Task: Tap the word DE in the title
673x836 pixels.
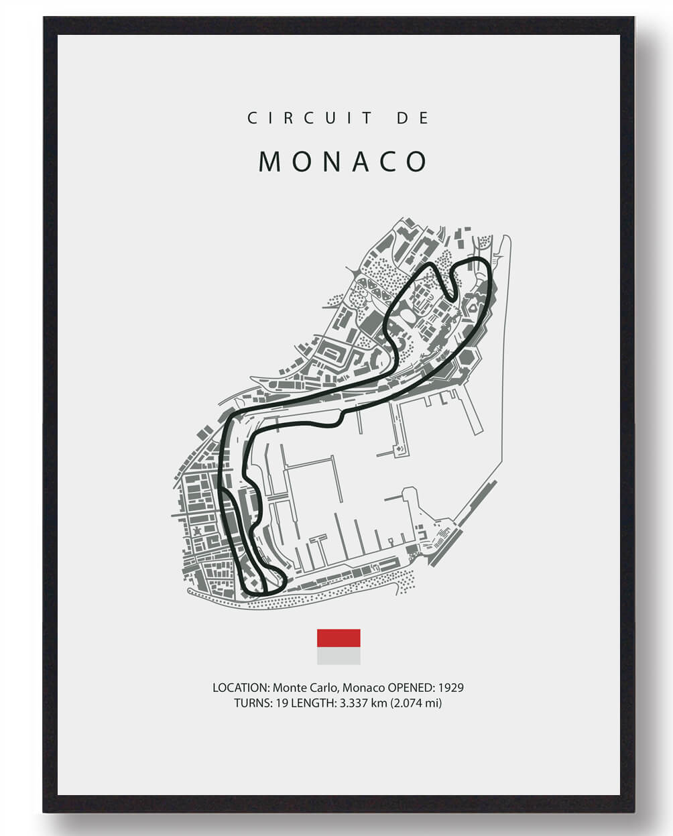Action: point(413,118)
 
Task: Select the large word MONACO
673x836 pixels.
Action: point(343,162)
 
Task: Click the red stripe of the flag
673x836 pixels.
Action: point(339,638)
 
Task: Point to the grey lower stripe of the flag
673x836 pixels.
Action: point(339,656)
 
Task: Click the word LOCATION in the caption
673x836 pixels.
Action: point(241,688)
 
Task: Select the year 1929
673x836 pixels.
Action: point(451,688)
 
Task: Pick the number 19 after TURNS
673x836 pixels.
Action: point(282,703)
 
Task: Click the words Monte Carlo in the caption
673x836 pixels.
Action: point(300,688)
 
